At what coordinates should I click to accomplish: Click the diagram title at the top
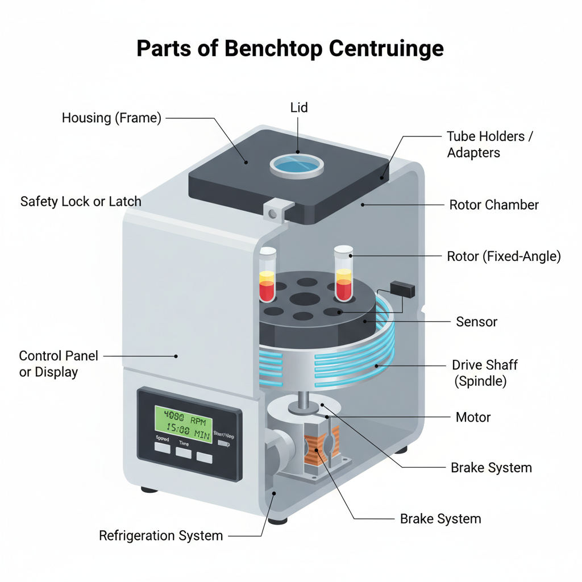tap(290, 49)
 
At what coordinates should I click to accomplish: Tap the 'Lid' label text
tap(299, 107)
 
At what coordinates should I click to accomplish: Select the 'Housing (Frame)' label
tap(111, 118)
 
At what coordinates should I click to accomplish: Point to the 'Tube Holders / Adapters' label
tap(490, 144)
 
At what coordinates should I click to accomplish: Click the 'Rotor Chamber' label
tap(494, 205)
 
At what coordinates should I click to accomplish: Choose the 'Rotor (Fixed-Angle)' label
tap(504, 256)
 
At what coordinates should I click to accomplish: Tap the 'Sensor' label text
tap(476, 322)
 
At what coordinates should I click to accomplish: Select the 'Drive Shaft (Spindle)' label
tap(485, 373)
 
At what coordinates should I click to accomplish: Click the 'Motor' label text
tap(473, 417)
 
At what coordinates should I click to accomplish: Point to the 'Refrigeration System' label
tap(161, 535)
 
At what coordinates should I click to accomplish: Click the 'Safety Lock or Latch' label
tap(81, 201)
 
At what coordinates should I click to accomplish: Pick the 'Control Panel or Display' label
tap(59, 364)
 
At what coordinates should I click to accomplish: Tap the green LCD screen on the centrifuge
tap(184, 425)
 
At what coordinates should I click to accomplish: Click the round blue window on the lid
tap(297, 164)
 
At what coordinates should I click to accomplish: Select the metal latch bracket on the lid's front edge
tap(275, 211)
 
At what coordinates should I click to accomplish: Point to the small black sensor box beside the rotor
tap(402, 289)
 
